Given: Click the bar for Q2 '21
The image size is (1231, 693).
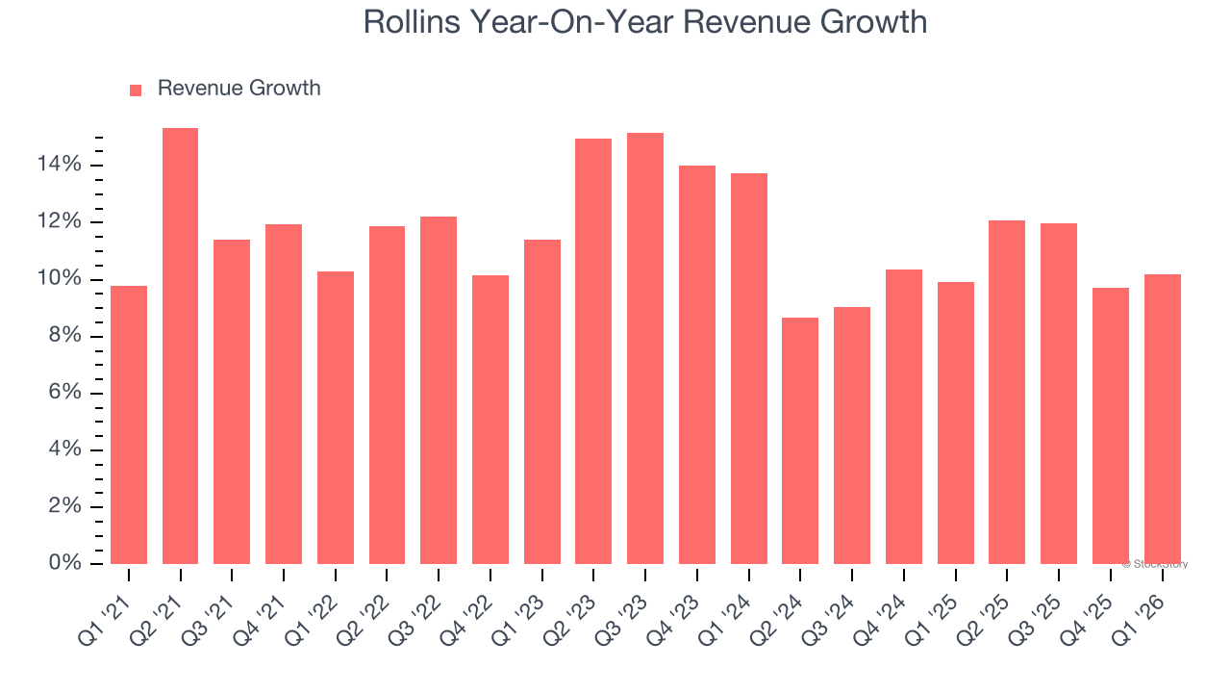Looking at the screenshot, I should (180, 346).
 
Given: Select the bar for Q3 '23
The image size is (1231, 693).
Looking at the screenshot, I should (644, 348).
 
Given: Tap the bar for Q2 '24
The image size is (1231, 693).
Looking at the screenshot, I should (800, 441).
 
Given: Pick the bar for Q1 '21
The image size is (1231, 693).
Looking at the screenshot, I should (129, 424).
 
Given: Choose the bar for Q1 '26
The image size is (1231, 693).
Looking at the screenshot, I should (1162, 419).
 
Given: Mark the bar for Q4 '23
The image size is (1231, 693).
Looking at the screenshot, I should (696, 365).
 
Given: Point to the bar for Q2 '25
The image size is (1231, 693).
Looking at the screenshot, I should (1007, 392).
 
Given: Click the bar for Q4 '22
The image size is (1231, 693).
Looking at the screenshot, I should (490, 420).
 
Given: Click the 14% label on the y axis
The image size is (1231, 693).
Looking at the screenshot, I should (60, 166).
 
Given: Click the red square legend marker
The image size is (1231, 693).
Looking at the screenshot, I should (136, 90).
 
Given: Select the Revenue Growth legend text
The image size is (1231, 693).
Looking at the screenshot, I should (239, 89).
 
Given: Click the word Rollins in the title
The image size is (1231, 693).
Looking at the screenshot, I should (411, 22).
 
